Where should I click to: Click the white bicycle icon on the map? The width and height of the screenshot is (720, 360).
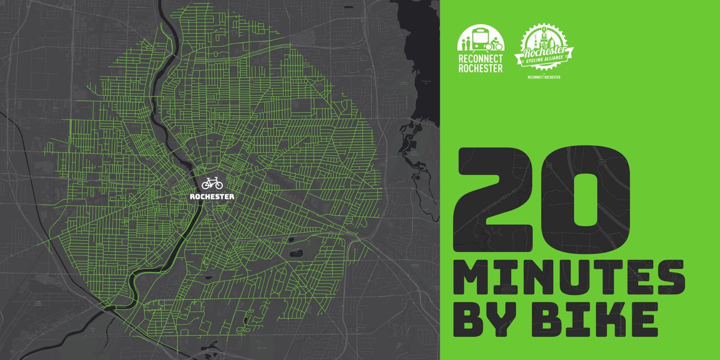click(x=212, y=183)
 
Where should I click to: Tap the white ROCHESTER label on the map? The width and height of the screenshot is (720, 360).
click(x=212, y=196)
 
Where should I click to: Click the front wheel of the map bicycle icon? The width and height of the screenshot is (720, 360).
click(x=218, y=185)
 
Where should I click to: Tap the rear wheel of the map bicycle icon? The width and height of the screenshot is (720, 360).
click(x=205, y=185)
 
